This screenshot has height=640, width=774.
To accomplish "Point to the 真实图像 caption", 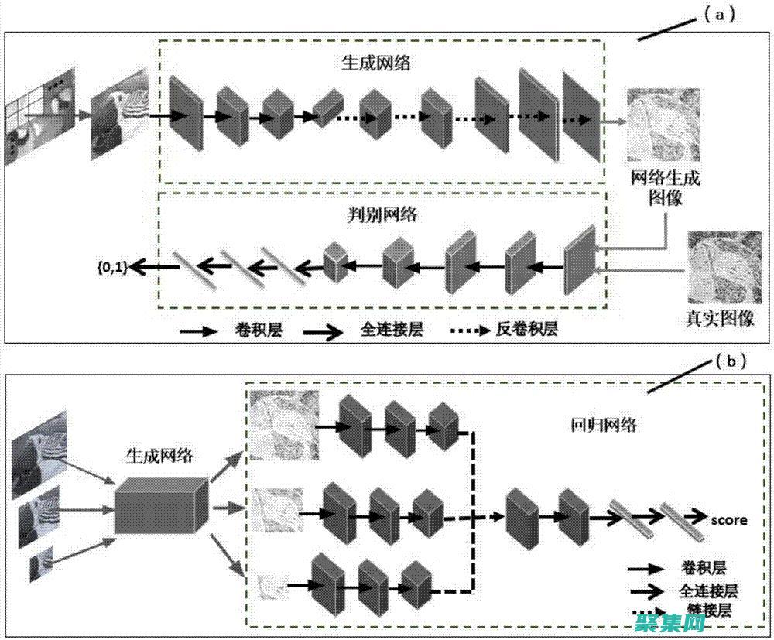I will pos(719,318).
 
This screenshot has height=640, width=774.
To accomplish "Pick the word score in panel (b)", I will pos(729,519).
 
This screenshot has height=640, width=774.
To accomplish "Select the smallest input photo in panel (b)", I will pos(41,563).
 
